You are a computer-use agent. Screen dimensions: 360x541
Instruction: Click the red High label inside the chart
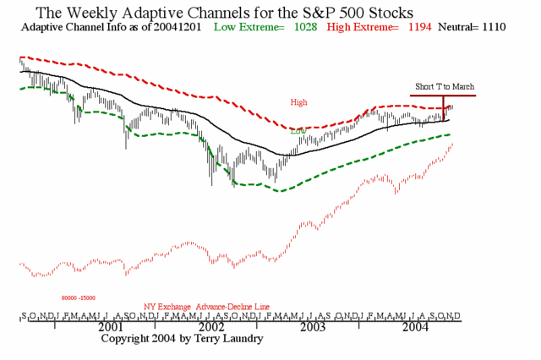(299, 102)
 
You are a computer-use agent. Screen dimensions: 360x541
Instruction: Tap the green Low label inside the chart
(298, 131)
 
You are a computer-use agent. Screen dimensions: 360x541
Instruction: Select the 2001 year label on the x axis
(111, 326)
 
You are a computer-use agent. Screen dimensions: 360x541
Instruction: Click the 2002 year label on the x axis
(211, 326)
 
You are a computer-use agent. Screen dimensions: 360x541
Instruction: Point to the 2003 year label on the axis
(312, 326)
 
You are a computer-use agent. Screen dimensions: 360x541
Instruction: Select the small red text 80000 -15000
(78, 297)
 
